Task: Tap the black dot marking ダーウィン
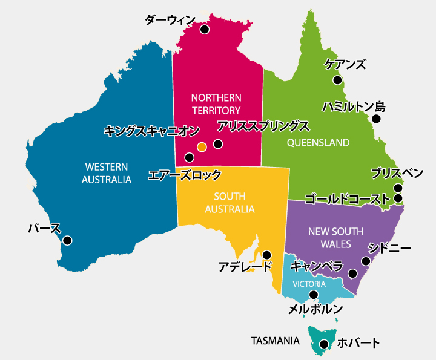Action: [205, 29]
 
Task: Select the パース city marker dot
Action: [67, 240]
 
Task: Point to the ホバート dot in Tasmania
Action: [324, 344]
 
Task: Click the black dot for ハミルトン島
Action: [376, 119]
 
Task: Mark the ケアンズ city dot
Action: [337, 80]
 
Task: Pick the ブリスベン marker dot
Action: [398, 188]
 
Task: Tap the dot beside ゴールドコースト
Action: [398, 198]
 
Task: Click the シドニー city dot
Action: [366, 261]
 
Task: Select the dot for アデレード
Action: [266, 255]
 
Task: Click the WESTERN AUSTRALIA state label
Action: [107, 173]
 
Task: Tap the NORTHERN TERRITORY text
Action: [216, 103]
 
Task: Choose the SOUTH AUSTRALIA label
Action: [230, 203]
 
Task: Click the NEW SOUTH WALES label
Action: [335, 238]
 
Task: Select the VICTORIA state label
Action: [309, 284]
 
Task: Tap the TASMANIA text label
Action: [275, 341]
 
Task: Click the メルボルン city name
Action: [315, 309]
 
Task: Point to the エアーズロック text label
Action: [185, 175]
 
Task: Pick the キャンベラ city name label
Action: [317, 266]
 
